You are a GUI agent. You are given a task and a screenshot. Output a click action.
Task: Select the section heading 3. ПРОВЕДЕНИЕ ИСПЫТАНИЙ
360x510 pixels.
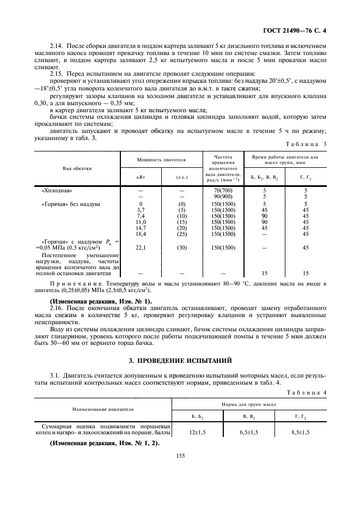point(180,360)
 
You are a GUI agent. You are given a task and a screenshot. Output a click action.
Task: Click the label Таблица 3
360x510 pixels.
point(306,144)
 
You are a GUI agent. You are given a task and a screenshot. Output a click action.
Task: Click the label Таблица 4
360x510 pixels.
point(306,392)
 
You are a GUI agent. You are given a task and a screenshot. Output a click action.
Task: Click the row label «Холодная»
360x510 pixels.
point(57,190)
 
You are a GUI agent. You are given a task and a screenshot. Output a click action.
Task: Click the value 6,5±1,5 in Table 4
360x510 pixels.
point(249,432)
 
